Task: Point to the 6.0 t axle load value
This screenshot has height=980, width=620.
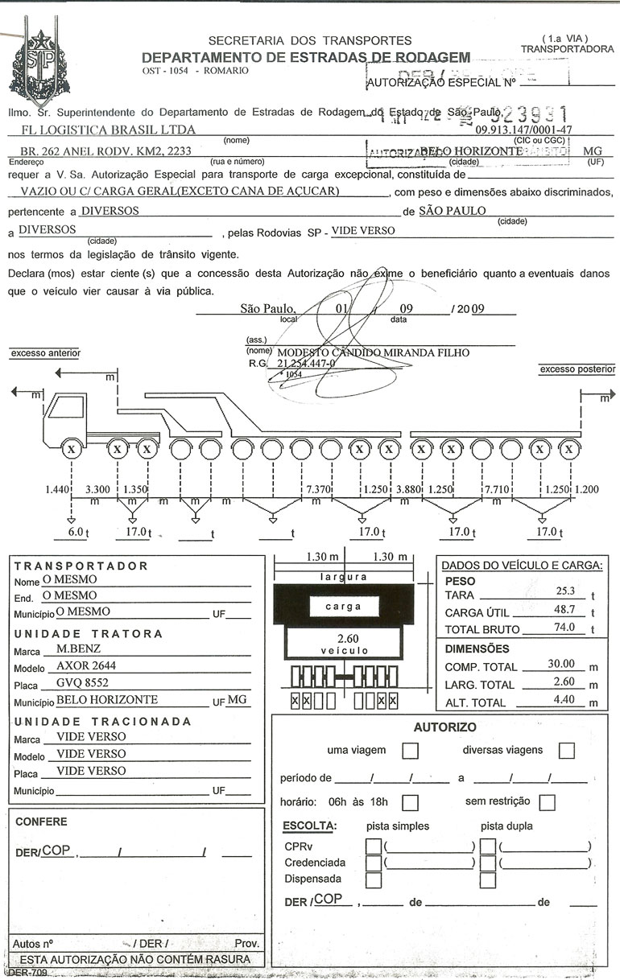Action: [x=76, y=532]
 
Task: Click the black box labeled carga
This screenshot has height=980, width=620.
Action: [x=344, y=606]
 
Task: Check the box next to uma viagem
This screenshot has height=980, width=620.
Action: [x=410, y=751]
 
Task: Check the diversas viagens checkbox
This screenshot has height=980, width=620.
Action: [x=566, y=751]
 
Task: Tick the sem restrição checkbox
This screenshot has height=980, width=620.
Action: [x=548, y=802]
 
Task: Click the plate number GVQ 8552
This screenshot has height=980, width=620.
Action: [x=82, y=682]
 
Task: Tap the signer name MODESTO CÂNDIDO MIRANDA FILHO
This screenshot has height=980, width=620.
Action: [x=373, y=352]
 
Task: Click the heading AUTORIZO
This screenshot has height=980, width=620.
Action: [x=444, y=727]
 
